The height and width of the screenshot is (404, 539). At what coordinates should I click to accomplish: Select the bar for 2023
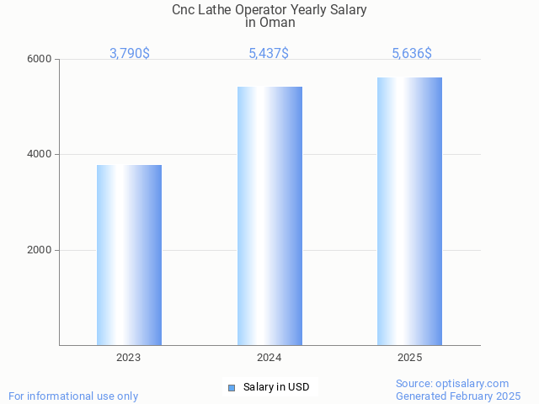pos(129,255)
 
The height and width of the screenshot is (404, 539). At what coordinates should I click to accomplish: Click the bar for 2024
pos(269,215)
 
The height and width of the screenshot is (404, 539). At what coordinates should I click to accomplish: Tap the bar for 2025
pos(409,211)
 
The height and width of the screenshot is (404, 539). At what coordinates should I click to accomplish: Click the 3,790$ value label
pos(130,54)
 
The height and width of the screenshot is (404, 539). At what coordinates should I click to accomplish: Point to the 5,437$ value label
pos(269,54)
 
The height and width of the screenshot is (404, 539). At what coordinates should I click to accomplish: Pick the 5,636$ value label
pos(412,54)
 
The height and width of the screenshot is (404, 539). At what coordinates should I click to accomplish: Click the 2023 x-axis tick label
pos(129,358)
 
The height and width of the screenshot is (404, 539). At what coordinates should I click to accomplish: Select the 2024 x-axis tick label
pos(269,358)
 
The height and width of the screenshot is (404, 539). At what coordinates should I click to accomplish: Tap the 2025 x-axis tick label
pos(409,358)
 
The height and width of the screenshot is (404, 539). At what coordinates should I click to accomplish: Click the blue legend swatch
pos(232,387)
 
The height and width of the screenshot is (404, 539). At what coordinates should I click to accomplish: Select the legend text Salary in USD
pos(276,387)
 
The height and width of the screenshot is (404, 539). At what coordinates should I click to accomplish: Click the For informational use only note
pos(73,396)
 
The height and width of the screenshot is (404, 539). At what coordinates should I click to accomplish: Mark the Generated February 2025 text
pos(458,396)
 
